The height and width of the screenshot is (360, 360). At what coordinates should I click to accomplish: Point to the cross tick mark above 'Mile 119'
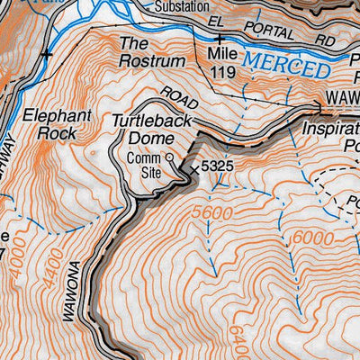(220, 39)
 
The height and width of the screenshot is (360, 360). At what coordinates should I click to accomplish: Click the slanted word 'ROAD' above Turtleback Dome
(179, 101)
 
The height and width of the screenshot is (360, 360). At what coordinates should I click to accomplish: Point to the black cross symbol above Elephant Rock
(47, 55)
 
